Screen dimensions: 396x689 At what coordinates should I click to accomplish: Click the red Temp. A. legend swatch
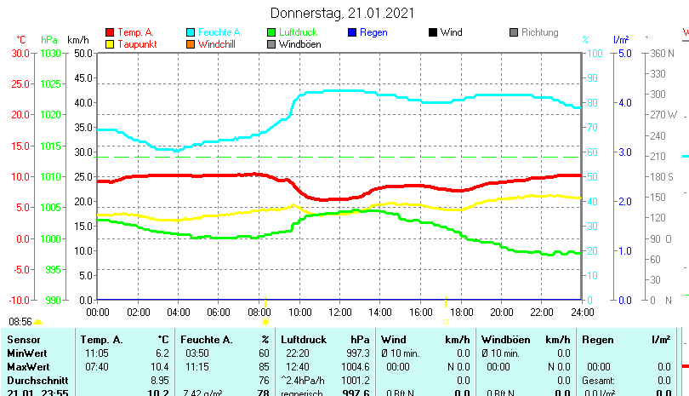109,32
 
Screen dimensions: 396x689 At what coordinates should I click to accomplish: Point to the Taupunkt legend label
136,44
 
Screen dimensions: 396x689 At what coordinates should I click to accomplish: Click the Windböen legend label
300,44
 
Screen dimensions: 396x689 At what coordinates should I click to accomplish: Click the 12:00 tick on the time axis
339,312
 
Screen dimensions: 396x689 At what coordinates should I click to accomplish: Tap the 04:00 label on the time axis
178,312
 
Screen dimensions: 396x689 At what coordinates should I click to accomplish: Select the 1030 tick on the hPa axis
50,53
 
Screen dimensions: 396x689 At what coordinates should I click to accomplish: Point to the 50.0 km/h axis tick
83,53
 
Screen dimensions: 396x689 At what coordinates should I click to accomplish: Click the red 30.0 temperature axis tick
20,53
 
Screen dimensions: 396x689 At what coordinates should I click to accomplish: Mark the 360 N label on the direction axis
661,53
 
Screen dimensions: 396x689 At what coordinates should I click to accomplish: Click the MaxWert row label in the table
26,365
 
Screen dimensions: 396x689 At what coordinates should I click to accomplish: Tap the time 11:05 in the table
96,353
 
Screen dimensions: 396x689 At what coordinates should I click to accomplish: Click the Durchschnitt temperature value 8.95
159,379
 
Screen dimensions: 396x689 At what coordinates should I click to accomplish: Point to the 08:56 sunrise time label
20,322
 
